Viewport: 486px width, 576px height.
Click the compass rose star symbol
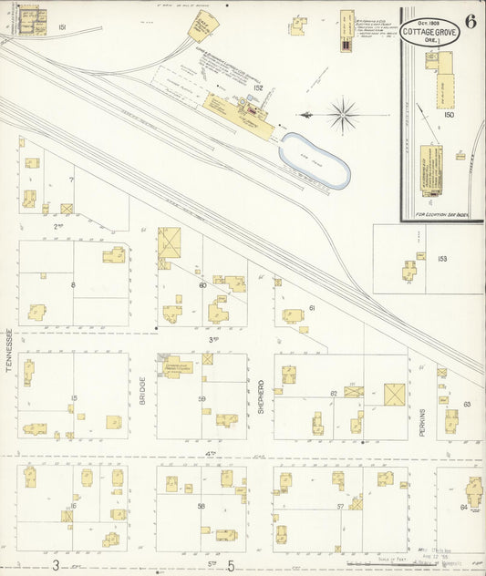pos(343,115)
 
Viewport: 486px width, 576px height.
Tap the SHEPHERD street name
pos(261,396)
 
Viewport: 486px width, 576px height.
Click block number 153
pos(442,259)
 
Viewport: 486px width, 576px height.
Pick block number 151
pos(62,28)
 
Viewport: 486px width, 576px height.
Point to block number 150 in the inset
pos(448,115)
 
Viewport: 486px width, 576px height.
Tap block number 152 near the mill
pos(258,88)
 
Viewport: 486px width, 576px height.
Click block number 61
pos(311,308)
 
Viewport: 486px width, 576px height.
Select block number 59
pos(202,398)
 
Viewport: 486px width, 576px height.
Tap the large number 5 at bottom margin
pos(230,565)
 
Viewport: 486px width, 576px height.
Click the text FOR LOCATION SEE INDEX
pos(441,215)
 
